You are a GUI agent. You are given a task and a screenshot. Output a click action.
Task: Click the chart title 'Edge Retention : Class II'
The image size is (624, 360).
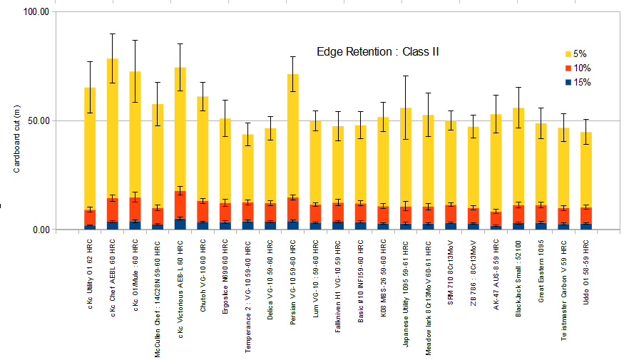(x=378, y=51)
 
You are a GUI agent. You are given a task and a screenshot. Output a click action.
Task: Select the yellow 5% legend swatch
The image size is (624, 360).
(x=568, y=53)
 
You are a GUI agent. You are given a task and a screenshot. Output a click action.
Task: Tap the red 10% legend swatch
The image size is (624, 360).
(x=568, y=68)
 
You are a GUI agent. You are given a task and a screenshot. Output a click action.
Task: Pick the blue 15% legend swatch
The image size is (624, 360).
(x=568, y=83)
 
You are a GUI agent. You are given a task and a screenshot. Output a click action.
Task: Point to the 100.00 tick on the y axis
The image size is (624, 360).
(x=36, y=12)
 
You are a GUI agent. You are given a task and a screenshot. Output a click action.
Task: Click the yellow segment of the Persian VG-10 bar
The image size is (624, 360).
(x=293, y=135)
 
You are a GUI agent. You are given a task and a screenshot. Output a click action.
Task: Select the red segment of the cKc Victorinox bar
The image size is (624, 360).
(x=180, y=205)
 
